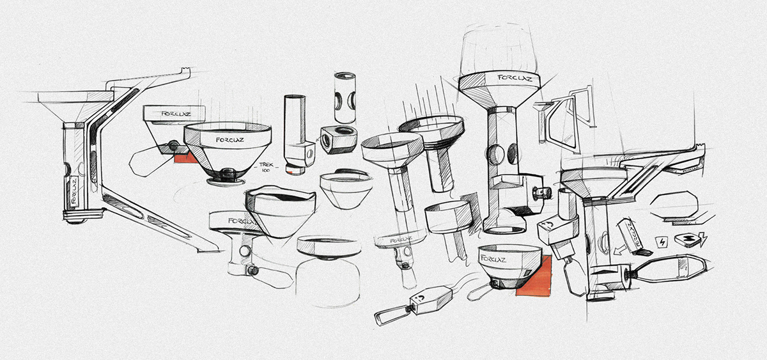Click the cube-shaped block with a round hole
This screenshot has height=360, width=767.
(x=337, y=139)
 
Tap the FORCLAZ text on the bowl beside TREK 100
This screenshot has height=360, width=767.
(x=229, y=138)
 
